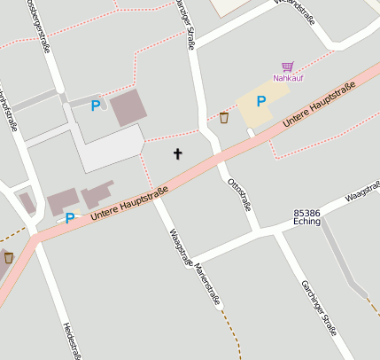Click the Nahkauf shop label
(x=288, y=78)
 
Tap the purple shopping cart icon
(x=288, y=66)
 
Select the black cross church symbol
(x=177, y=153)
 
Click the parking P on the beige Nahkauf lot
(x=261, y=102)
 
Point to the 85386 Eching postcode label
(x=313, y=218)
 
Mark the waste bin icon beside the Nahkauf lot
(x=224, y=117)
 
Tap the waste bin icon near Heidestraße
(x=9, y=257)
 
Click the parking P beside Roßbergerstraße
(x=96, y=106)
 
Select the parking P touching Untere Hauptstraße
(x=69, y=218)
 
